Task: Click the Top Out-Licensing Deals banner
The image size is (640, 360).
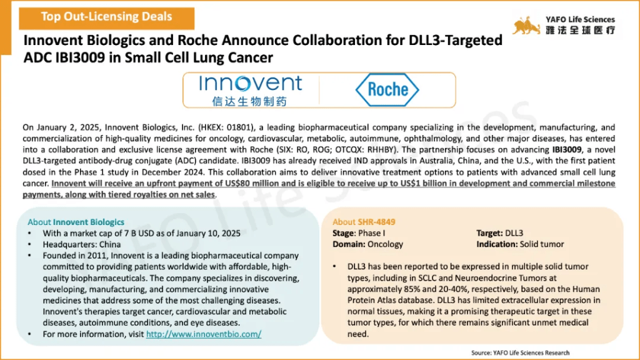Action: pyautogui.click(x=106, y=18)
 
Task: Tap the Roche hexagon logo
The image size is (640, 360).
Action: pyautogui.click(x=387, y=90)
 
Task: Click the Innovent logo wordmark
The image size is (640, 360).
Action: pyautogui.click(x=250, y=84)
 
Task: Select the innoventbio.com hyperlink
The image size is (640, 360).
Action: pyautogui.click(x=204, y=334)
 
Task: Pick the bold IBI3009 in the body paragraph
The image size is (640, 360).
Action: pyautogui.click(x=566, y=150)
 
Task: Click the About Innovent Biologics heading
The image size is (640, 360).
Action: pyautogui.click(x=76, y=222)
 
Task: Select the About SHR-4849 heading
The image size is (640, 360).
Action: pyautogui.click(x=364, y=222)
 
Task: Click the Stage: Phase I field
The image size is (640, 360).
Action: pyautogui.click(x=359, y=233)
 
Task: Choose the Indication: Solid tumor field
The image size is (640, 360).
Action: pyautogui.click(x=520, y=244)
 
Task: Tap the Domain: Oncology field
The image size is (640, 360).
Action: pyautogui.click(x=367, y=244)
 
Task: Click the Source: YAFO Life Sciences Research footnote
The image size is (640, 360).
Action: pyautogui.click(x=521, y=352)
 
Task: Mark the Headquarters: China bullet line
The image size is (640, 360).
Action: pyautogui.click(x=82, y=244)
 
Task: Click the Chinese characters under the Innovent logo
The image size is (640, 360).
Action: pyautogui.click(x=249, y=101)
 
